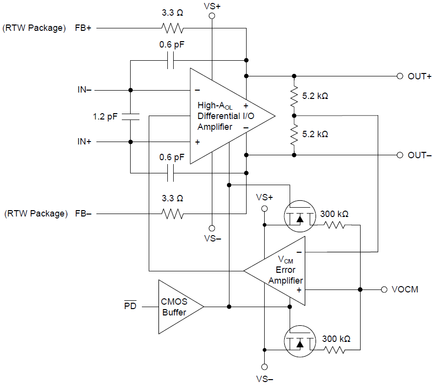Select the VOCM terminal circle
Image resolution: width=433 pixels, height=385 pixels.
[x=384, y=289]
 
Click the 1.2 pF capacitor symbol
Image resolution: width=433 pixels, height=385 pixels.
[x=131, y=116]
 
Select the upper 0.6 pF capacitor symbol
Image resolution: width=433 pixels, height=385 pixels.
[x=171, y=61]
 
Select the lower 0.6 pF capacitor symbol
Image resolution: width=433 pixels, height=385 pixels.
[x=171, y=172]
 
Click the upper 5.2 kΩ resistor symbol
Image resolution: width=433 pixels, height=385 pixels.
[x=294, y=96]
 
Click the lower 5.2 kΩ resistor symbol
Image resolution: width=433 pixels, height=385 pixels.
[x=294, y=135]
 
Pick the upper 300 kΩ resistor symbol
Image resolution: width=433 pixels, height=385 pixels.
[x=334, y=225]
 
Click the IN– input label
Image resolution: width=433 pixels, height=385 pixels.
[x=84, y=90]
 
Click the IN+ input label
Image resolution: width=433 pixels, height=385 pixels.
[x=84, y=142]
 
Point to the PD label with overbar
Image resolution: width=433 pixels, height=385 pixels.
[x=130, y=307]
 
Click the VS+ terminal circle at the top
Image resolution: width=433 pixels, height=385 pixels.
[x=212, y=16]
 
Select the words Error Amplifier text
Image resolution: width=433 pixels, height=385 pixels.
[x=285, y=275]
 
